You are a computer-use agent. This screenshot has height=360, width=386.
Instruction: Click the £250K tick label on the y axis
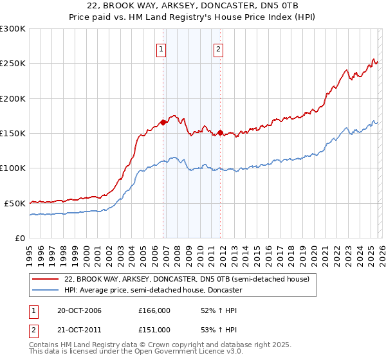point(12,64)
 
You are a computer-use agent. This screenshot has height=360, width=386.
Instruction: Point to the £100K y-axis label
point(12,168)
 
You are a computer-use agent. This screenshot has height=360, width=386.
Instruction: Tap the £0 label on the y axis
point(19,238)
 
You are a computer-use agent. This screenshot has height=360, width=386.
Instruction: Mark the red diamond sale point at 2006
point(163,122)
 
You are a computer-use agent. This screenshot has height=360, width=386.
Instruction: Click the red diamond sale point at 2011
point(220,132)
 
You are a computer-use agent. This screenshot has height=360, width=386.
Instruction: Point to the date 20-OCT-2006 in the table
point(79,310)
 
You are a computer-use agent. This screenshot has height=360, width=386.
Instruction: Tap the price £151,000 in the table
point(154,329)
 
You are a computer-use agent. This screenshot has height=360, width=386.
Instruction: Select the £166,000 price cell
point(154,310)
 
